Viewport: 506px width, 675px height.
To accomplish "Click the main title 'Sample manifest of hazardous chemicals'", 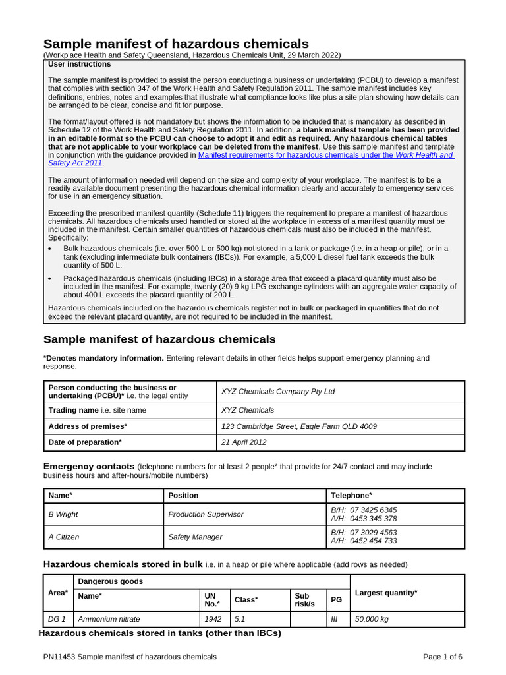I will (176, 44).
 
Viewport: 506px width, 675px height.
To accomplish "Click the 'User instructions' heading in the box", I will (80, 65).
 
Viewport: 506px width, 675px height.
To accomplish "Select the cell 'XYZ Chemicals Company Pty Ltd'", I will (277, 392).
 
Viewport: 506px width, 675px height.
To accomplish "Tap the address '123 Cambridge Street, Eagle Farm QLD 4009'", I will (298, 426).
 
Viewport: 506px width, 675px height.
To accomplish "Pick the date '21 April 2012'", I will (244, 442).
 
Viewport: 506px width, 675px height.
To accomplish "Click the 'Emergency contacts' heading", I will (89, 467).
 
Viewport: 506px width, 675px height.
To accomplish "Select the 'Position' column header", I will (183, 496).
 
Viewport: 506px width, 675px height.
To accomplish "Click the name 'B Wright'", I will (64, 514).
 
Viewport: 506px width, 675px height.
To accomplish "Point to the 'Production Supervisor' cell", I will (206, 514).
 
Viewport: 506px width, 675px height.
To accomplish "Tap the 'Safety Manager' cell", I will (195, 537).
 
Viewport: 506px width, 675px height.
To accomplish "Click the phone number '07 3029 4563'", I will (374, 533).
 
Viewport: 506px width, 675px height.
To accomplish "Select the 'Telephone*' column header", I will (351, 496).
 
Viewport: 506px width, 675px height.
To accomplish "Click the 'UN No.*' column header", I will (212, 600).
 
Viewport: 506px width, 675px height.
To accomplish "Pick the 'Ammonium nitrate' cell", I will (109, 620).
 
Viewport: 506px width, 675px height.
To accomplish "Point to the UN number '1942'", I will (213, 620).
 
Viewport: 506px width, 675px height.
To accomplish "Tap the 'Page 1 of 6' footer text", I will (442, 657).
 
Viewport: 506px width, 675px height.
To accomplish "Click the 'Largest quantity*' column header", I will (386, 593).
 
